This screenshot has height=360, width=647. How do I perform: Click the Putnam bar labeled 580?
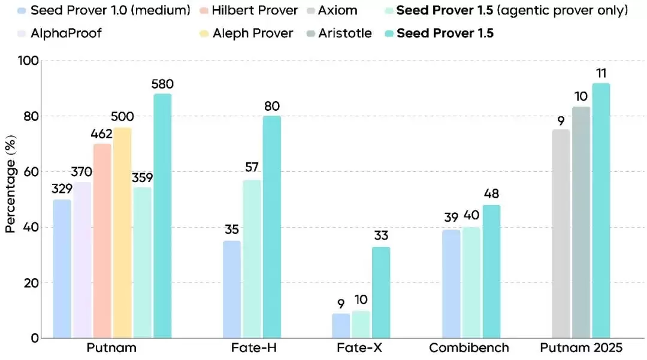pos(162,216)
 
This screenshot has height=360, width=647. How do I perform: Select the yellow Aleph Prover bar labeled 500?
pos(122,233)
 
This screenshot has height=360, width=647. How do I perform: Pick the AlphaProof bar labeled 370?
pos(82,260)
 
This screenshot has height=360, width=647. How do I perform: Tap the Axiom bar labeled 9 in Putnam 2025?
pos(561,234)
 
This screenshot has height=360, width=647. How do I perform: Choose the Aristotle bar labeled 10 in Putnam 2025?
pos(581,222)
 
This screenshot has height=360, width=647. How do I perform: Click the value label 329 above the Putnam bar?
pos(62,189)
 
